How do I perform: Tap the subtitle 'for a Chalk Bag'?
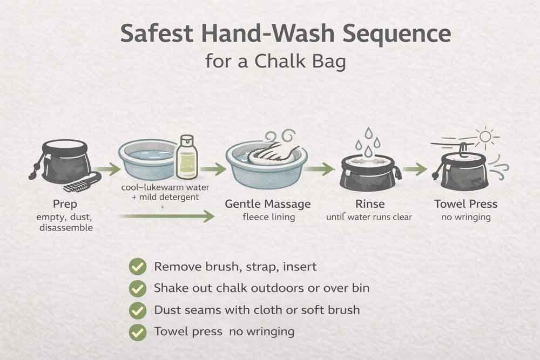(x=275, y=61)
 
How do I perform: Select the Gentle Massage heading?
(x=268, y=204)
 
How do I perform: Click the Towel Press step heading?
(x=465, y=204)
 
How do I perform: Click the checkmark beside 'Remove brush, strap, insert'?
(x=138, y=267)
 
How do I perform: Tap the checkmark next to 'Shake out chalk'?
(x=138, y=288)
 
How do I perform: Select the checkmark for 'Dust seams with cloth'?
(x=138, y=310)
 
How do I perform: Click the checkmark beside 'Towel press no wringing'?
(x=138, y=331)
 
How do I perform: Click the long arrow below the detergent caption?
(x=167, y=217)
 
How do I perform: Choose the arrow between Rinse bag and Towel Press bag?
(x=415, y=169)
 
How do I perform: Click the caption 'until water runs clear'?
(x=369, y=217)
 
